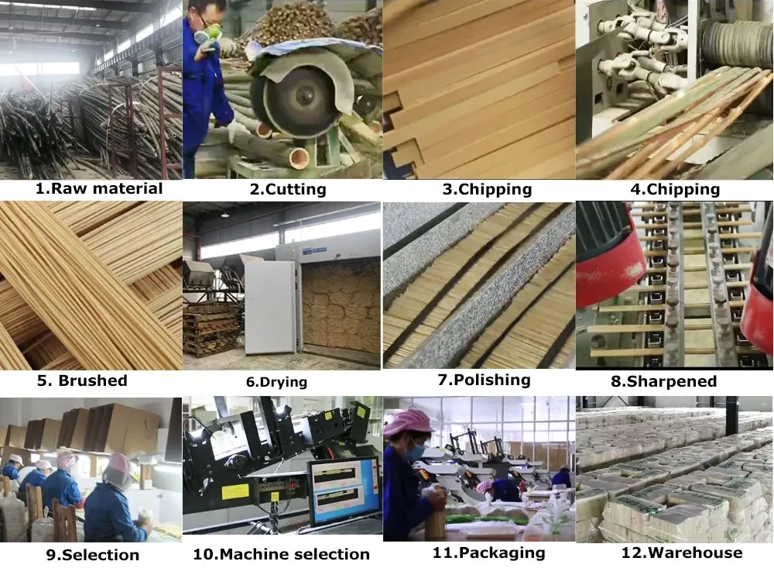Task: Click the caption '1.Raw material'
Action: coord(99,188)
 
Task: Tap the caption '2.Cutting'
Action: coord(288,189)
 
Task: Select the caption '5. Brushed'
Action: coord(83,380)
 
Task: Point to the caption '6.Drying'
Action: coord(276,381)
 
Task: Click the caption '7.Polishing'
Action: coord(484,380)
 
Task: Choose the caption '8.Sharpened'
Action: coord(663,381)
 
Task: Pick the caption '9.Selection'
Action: coord(93,555)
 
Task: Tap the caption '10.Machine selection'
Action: coord(282,554)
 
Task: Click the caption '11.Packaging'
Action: coord(488,553)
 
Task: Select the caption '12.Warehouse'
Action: coord(682,553)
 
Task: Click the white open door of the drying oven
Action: coord(269,307)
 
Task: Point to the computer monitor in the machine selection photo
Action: coord(345,492)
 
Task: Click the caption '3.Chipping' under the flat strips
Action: coord(487,189)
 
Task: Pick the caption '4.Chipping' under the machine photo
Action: coord(675,189)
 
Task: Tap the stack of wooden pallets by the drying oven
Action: coord(211,327)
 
